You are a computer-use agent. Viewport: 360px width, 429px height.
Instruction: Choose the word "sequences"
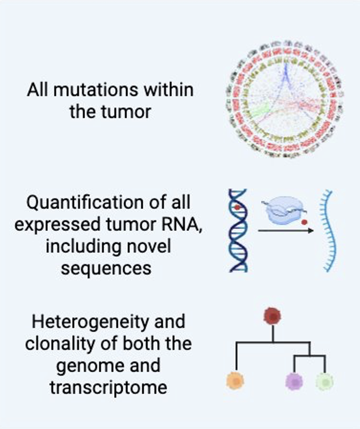pyautogui.click(x=106, y=268)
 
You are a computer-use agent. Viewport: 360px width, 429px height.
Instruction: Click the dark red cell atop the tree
pyautogui.click(x=272, y=316)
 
